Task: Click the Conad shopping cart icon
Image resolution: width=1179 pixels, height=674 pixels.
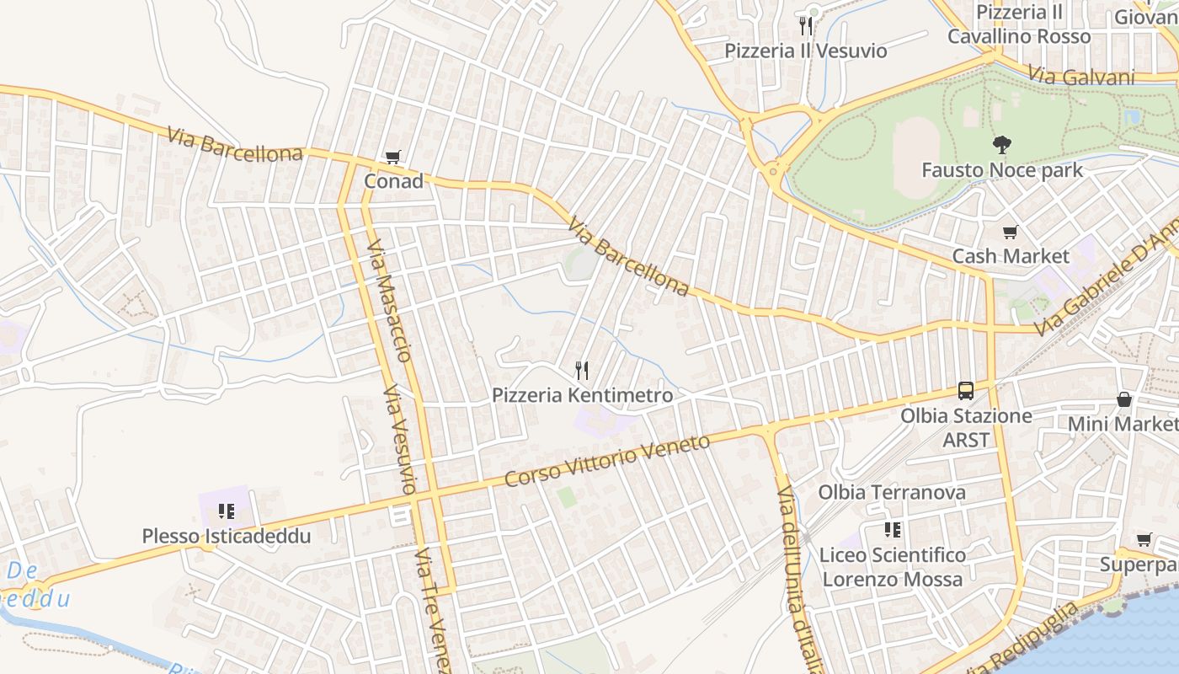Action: (392, 157)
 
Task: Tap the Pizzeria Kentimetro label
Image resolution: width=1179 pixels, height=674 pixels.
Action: (582, 395)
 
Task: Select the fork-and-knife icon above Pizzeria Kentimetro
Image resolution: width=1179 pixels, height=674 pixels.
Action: (581, 370)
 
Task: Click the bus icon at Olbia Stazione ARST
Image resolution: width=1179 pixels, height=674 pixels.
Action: (966, 391)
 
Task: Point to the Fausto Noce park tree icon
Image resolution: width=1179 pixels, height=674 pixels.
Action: (1001, 145)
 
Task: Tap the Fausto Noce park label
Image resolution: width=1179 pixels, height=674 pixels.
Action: (1002, 170)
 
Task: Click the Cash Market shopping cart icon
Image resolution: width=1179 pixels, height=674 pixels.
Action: (1010, 232)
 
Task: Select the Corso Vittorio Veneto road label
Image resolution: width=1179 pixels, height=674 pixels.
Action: (607, 461)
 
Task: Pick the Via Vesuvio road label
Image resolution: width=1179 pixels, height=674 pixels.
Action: (399, 440)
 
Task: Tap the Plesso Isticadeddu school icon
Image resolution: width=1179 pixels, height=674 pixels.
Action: (226, 511)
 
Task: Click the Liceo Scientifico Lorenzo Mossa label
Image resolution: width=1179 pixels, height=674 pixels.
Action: (892, 567)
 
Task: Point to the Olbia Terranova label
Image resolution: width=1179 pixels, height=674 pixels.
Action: (892, 492)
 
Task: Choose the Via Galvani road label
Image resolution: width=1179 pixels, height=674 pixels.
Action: (1081, 77)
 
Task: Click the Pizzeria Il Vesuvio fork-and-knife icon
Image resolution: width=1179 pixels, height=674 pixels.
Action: (806, 25)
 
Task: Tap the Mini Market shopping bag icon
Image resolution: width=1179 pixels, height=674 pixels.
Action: (1123, 399)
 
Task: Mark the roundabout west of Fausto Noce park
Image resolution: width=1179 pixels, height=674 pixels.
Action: (773, 172)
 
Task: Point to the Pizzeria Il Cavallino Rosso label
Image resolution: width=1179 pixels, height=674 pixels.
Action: (1018, 24)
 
